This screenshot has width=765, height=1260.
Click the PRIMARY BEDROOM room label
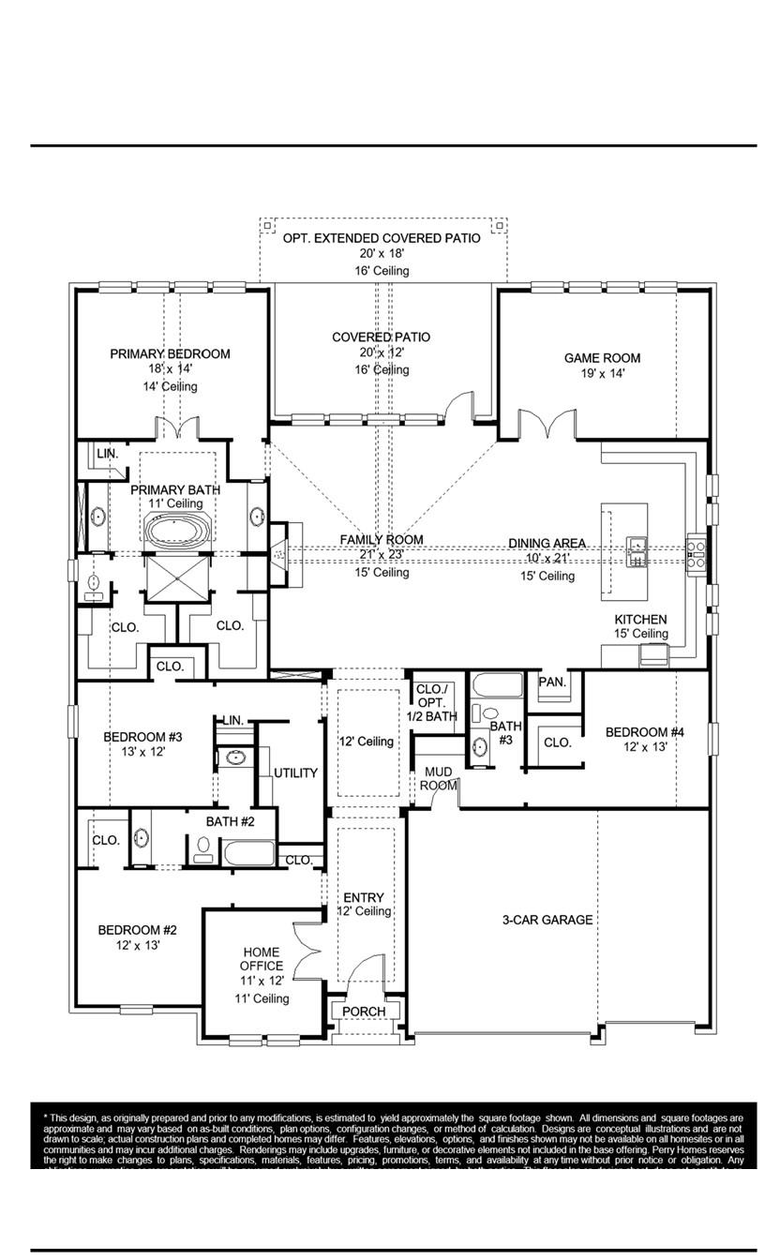pyautogui.click(x=170, y=353)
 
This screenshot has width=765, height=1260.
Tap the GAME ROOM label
pyautogui.click(x=602, y=357)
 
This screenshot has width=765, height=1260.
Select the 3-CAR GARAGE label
pyautogui.click(x=547, y=920)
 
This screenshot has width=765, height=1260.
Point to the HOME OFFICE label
pyautogui.click(x=262, y=959)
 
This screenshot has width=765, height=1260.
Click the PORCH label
pyautogui.click(x=364, y=1012)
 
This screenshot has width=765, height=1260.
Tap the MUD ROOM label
pyautogui.click(x=439, y=778)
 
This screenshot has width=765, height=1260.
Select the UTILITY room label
pyautogui.click(x=295, y=773)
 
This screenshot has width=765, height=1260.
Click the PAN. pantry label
pyautogui.click(x=552, y=682)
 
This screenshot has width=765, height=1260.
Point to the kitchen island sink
pyautogui.click(x=637, y=552)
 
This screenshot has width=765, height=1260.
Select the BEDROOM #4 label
pyautogui.click(x=644, y=732)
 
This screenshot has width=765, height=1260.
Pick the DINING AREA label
pyautogui.click(x=548, y=543)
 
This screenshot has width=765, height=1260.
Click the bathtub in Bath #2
pyautogui.click(x=248, y=854)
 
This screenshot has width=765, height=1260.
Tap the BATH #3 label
pyautogui.click(x=506, y=732)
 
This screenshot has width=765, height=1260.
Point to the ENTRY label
pyautogui.click(x=364, y=897)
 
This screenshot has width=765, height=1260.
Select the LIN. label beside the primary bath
pyautogui.click(x=108, y=453)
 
